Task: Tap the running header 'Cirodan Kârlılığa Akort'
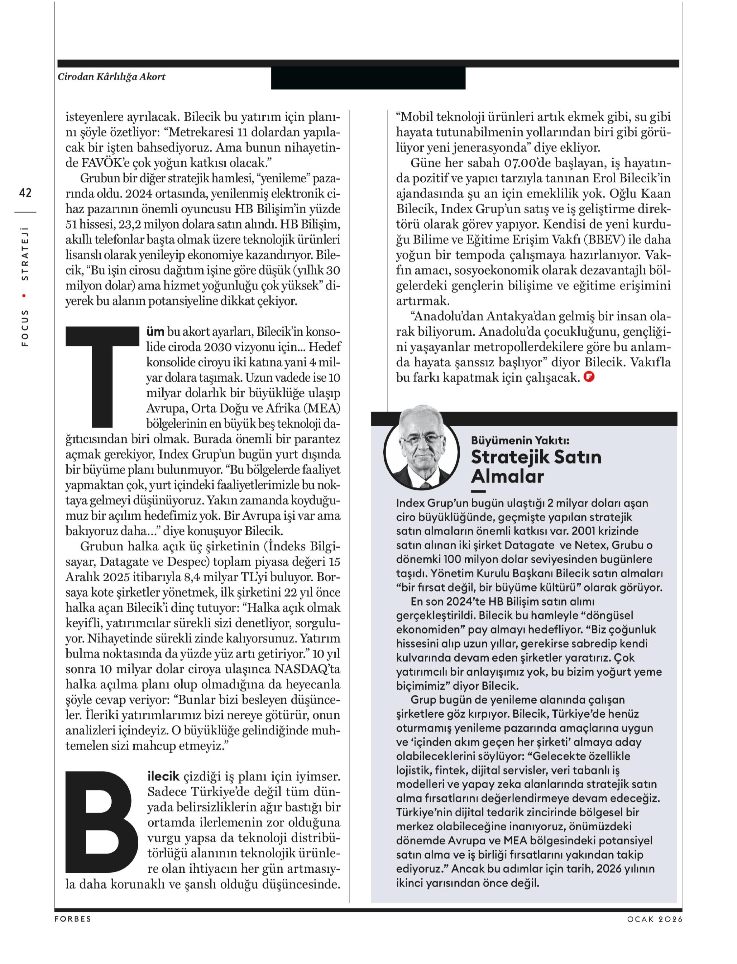coord(111,77)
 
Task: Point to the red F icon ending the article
coord(589,376)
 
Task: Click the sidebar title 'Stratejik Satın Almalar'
coord(536,466)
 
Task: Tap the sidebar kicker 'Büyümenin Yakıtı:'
coord(520,440)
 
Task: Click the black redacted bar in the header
coord(368,78)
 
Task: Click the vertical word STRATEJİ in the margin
coord(25,253)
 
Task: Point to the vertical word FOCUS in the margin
coord(25,328)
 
